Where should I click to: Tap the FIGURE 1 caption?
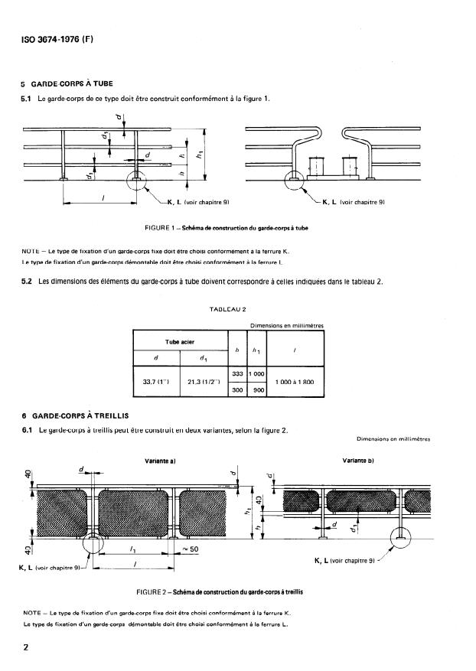(x=226, y=228)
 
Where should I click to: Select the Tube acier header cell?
(x=181, y=342)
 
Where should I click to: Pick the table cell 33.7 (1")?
(x=156, y=382)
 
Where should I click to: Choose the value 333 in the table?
(x=237, y=372)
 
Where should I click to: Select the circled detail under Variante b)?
(x=401, y=538)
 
